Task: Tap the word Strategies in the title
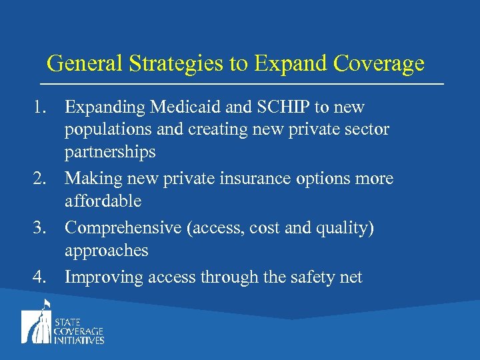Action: coord(161,63)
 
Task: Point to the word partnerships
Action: coord(110,152)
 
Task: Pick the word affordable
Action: coord(103,201)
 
